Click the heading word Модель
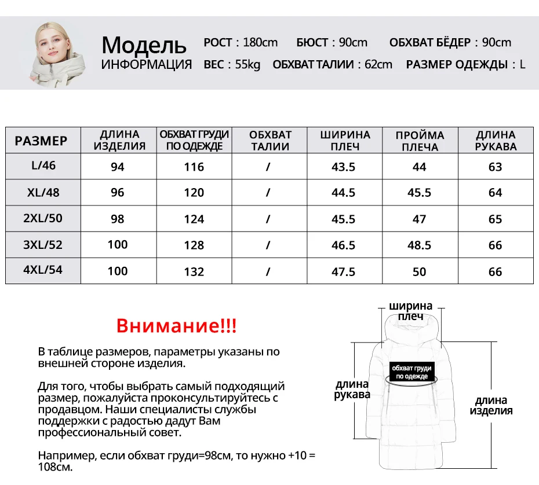pyautogui.click(x=144, y=45)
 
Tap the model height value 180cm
pyautogui.click(x=260, y=42)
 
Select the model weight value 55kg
pyautogui.click(x=248, y=64)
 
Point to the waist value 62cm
pyautogui.click(x=378, y=64)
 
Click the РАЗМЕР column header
pyautogui.click(x=41, y=141)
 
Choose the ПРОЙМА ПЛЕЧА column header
pyautogui.click(x=420, y=141)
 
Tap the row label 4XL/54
pyautogui.click(x=43, y=270)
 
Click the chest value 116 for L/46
pyautogui.click(x=194, y=167)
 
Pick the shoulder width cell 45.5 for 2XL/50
pyautogui.click(x=343, y=219)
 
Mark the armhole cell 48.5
pyautogui.click(x=419, y=245)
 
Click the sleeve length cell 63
pyautogui.click(x=495, y=167)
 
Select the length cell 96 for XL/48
pyautogui.click(x=118, y=192)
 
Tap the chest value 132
pyautogui.click(x=194, y=271)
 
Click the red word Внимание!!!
pyautogui.click(x=176, y=325)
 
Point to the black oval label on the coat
pyautogui.click(x=411, y=372)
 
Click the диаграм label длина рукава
pyautogui.click(x=352, y=389)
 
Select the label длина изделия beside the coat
pyautogui.click(x=491, y=405)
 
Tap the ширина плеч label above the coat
pyautogui.click(x=411, y=311)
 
